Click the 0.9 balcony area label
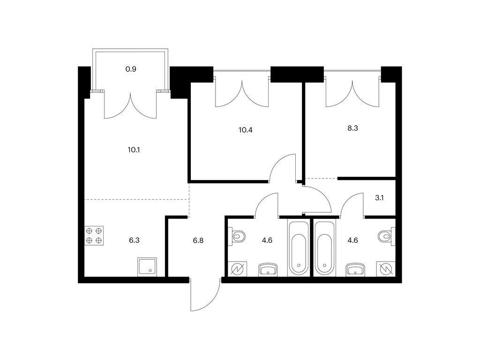point(131,69)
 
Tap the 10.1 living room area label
point(134,150)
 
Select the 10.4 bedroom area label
point(246,130)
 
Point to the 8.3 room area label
point(352,128)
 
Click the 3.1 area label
point(379,198)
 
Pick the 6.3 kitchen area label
point(134,240)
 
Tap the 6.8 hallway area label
point(198,240)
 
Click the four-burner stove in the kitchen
point(94,235)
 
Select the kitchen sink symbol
point(147,267)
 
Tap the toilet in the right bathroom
point(387,236)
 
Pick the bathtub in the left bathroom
point(299,248)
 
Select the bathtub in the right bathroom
point(325,248)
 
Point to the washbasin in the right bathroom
point(355,270)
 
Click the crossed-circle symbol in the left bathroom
point(238,269)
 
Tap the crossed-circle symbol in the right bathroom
point(386,269)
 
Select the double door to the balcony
point(130,105)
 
